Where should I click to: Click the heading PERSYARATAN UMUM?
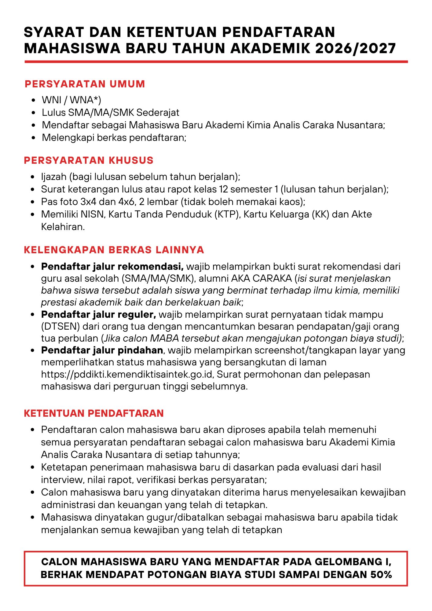[85, 84]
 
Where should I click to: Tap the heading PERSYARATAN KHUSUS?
[89, 160]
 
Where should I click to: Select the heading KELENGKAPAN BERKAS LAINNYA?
[114, 250]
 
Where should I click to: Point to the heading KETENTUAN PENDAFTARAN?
[94, 413]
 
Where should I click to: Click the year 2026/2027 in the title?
[356, 48]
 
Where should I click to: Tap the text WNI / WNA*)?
[71, 100]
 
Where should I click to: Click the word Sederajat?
[158, 112]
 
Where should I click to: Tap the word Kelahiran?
[63, 227]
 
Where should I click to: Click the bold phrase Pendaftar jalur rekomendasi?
[112, 266]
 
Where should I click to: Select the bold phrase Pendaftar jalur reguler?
[98, 314]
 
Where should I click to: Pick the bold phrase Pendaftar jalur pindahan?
[102, 350]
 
